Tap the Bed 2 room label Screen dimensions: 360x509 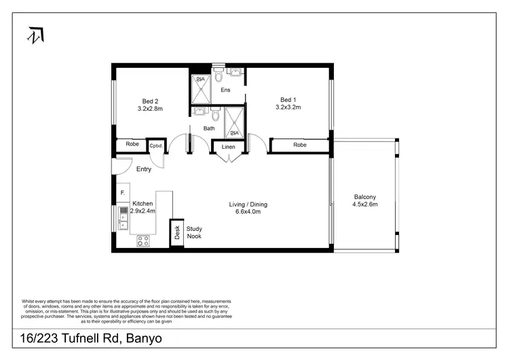pyautogui.click(x=150, y=99)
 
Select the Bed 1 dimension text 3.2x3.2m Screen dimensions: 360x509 pyautogui.click(x=288, y=107)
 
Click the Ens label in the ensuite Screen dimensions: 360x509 pyautogui.click(x=225, y=90)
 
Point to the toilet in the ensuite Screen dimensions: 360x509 pyautogui.click(x=219, y=75)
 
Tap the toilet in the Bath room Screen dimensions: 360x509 pyautogui.click(x=215, y=114)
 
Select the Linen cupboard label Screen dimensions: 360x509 pyautogui.click(x=229, y=145)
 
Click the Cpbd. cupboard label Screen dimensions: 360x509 pyautogui.click(x=156, y=145)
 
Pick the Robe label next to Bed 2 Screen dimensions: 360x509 pyautogui.click(x=132, y=145)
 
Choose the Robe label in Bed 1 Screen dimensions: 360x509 pyautogui.click(x=299, y=145)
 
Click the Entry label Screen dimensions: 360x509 pyautogui.click(x=143, y=169)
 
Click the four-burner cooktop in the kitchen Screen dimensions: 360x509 pyautogui.click(x=143, y=240)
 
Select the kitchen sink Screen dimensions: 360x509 pyautogui.click(x=124, y=216)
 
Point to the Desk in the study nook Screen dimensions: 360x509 pyautogui.click(x=176, y=234)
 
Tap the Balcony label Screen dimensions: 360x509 pyautogui.click(x=365, y=197)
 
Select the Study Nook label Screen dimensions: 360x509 pyautogui.click(x=194, y=233)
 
